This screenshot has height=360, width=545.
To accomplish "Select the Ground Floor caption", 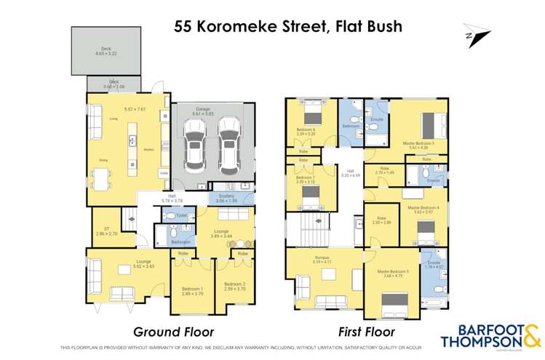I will click(173, 332).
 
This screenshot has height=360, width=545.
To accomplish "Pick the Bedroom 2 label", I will click(234, 286).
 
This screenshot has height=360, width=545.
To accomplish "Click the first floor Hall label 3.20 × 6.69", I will click(351, 174).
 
